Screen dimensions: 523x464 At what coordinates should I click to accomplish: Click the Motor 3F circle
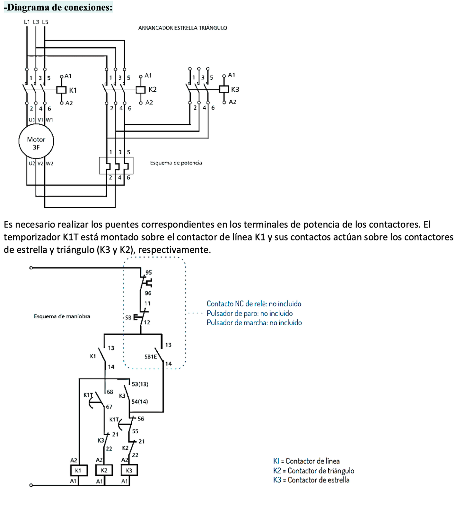click(x=36, y=141)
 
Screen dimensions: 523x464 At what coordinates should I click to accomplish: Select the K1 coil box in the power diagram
click(x=61, y=90)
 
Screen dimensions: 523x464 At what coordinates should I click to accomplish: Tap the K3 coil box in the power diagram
click(x=224, y=89)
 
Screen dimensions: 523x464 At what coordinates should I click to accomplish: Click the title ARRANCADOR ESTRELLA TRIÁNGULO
click(x=182, y=28)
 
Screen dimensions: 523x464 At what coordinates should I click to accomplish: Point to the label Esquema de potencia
click(x=176, y=163)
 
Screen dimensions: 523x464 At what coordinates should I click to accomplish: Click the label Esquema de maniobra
click(x=62, y=316)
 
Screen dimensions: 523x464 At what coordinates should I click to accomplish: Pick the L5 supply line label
click(x=45, y=22)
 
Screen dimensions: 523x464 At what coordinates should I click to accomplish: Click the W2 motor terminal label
click(x=49, y=163)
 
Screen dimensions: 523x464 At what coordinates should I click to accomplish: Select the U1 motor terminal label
click(x=31, y=120)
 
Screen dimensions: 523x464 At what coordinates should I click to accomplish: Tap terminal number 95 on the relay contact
click(x=148, y=272)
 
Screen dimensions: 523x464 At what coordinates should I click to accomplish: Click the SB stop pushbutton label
click(x=128, y=318)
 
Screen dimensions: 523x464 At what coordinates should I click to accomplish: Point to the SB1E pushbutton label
click(x=151, y=356)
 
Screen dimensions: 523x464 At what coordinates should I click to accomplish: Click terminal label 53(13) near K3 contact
click(x=140, y=384)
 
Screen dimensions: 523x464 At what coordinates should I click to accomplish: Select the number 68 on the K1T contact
click(x=110, y=392)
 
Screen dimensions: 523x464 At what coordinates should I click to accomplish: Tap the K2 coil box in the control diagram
click(x=104, y=470)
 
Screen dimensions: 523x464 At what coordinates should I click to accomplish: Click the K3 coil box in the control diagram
click(x=129, y=470)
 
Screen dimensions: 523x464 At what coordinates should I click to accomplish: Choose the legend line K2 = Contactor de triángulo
click(x=313, y=471)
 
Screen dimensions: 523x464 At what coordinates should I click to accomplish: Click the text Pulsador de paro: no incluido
click(x=250, y=313)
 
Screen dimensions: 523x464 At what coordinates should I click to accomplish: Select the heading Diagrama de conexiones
click(x=58, y=7)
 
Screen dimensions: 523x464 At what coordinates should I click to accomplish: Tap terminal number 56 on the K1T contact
click(x=141, y=419)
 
